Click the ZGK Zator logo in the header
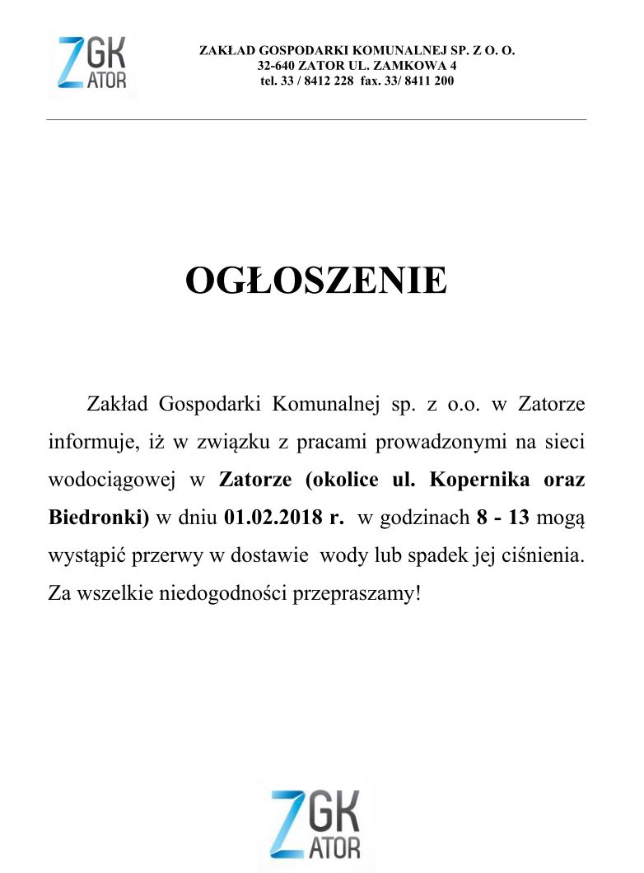92,63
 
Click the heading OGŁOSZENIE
316,281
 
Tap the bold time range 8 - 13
502,518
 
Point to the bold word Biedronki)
98,518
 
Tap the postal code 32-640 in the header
276,66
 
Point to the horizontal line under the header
316,120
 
